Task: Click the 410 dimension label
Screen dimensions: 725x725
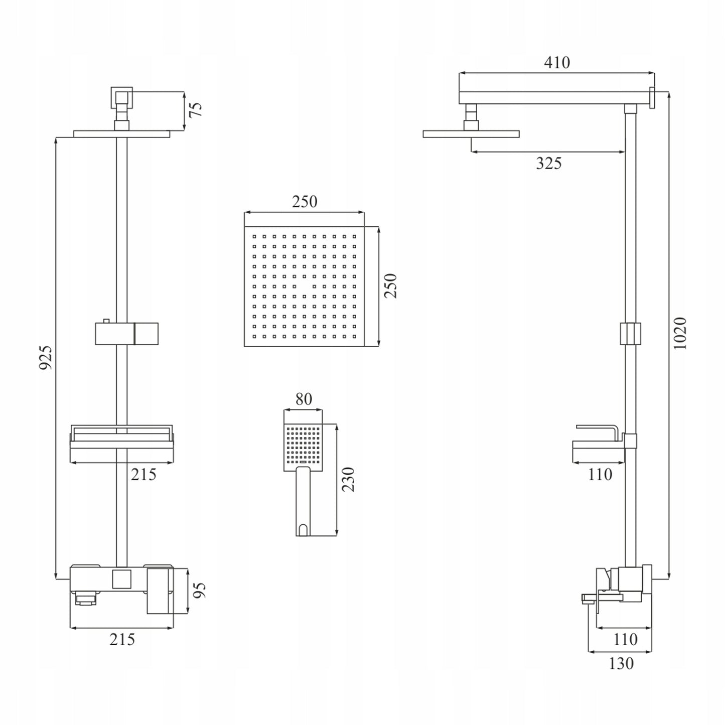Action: [x=556, y=62]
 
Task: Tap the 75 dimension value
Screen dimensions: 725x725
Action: [x=196, y=110]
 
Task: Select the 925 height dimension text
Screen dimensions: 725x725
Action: [x=46, y=357]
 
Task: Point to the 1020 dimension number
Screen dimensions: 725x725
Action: [x=680, y=333]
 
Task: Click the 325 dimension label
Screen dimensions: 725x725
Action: [x=548, y=163]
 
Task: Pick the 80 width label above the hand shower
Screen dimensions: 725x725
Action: [x=304, y=399]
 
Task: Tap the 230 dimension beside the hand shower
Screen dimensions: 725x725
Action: [x=349, y=479]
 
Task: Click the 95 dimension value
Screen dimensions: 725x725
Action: [x=200, y=590]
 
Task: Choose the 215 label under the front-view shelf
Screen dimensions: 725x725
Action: [x=143, y=475]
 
